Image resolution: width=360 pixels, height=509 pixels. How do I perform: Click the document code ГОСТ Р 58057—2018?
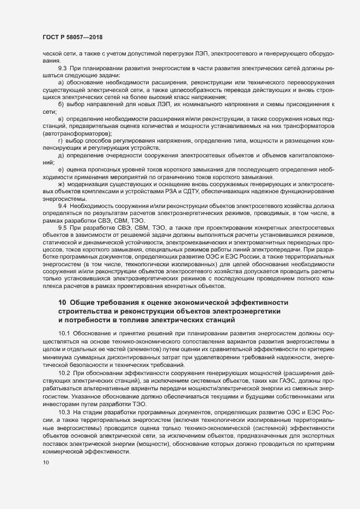[73, 37]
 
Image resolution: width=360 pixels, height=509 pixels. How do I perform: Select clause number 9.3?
[63, 67]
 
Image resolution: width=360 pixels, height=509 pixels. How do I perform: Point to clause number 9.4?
[63, 206]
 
